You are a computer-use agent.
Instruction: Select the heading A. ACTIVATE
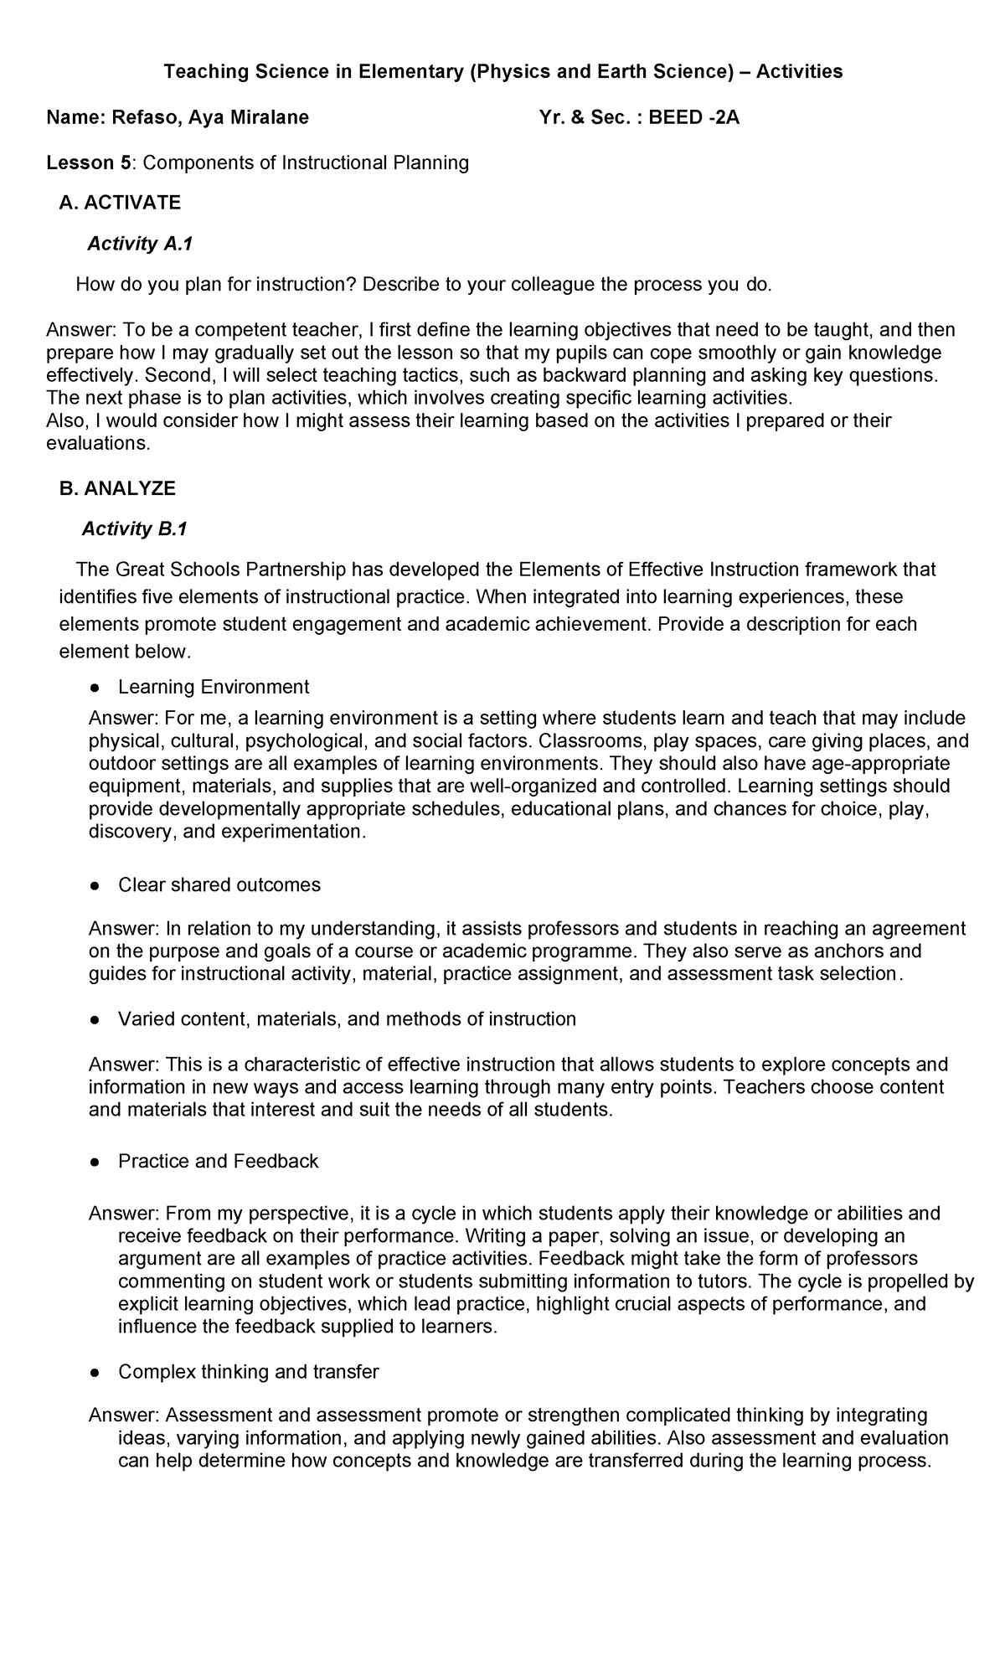[120, 202]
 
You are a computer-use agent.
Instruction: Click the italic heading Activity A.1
[140, 244]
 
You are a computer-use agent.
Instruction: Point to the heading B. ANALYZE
[117, 488]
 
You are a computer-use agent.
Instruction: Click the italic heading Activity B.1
[134, 529]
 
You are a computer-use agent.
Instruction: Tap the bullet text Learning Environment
[214, 687]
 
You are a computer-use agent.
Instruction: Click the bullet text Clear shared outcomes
[219, 885]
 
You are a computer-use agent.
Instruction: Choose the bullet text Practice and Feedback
[219, 1161]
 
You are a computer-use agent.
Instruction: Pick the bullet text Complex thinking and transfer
[249, 1372]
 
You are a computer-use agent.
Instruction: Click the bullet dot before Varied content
[95, 1020]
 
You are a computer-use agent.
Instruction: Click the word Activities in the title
[799, 72]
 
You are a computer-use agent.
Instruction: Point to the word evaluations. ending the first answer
[98, 443]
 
